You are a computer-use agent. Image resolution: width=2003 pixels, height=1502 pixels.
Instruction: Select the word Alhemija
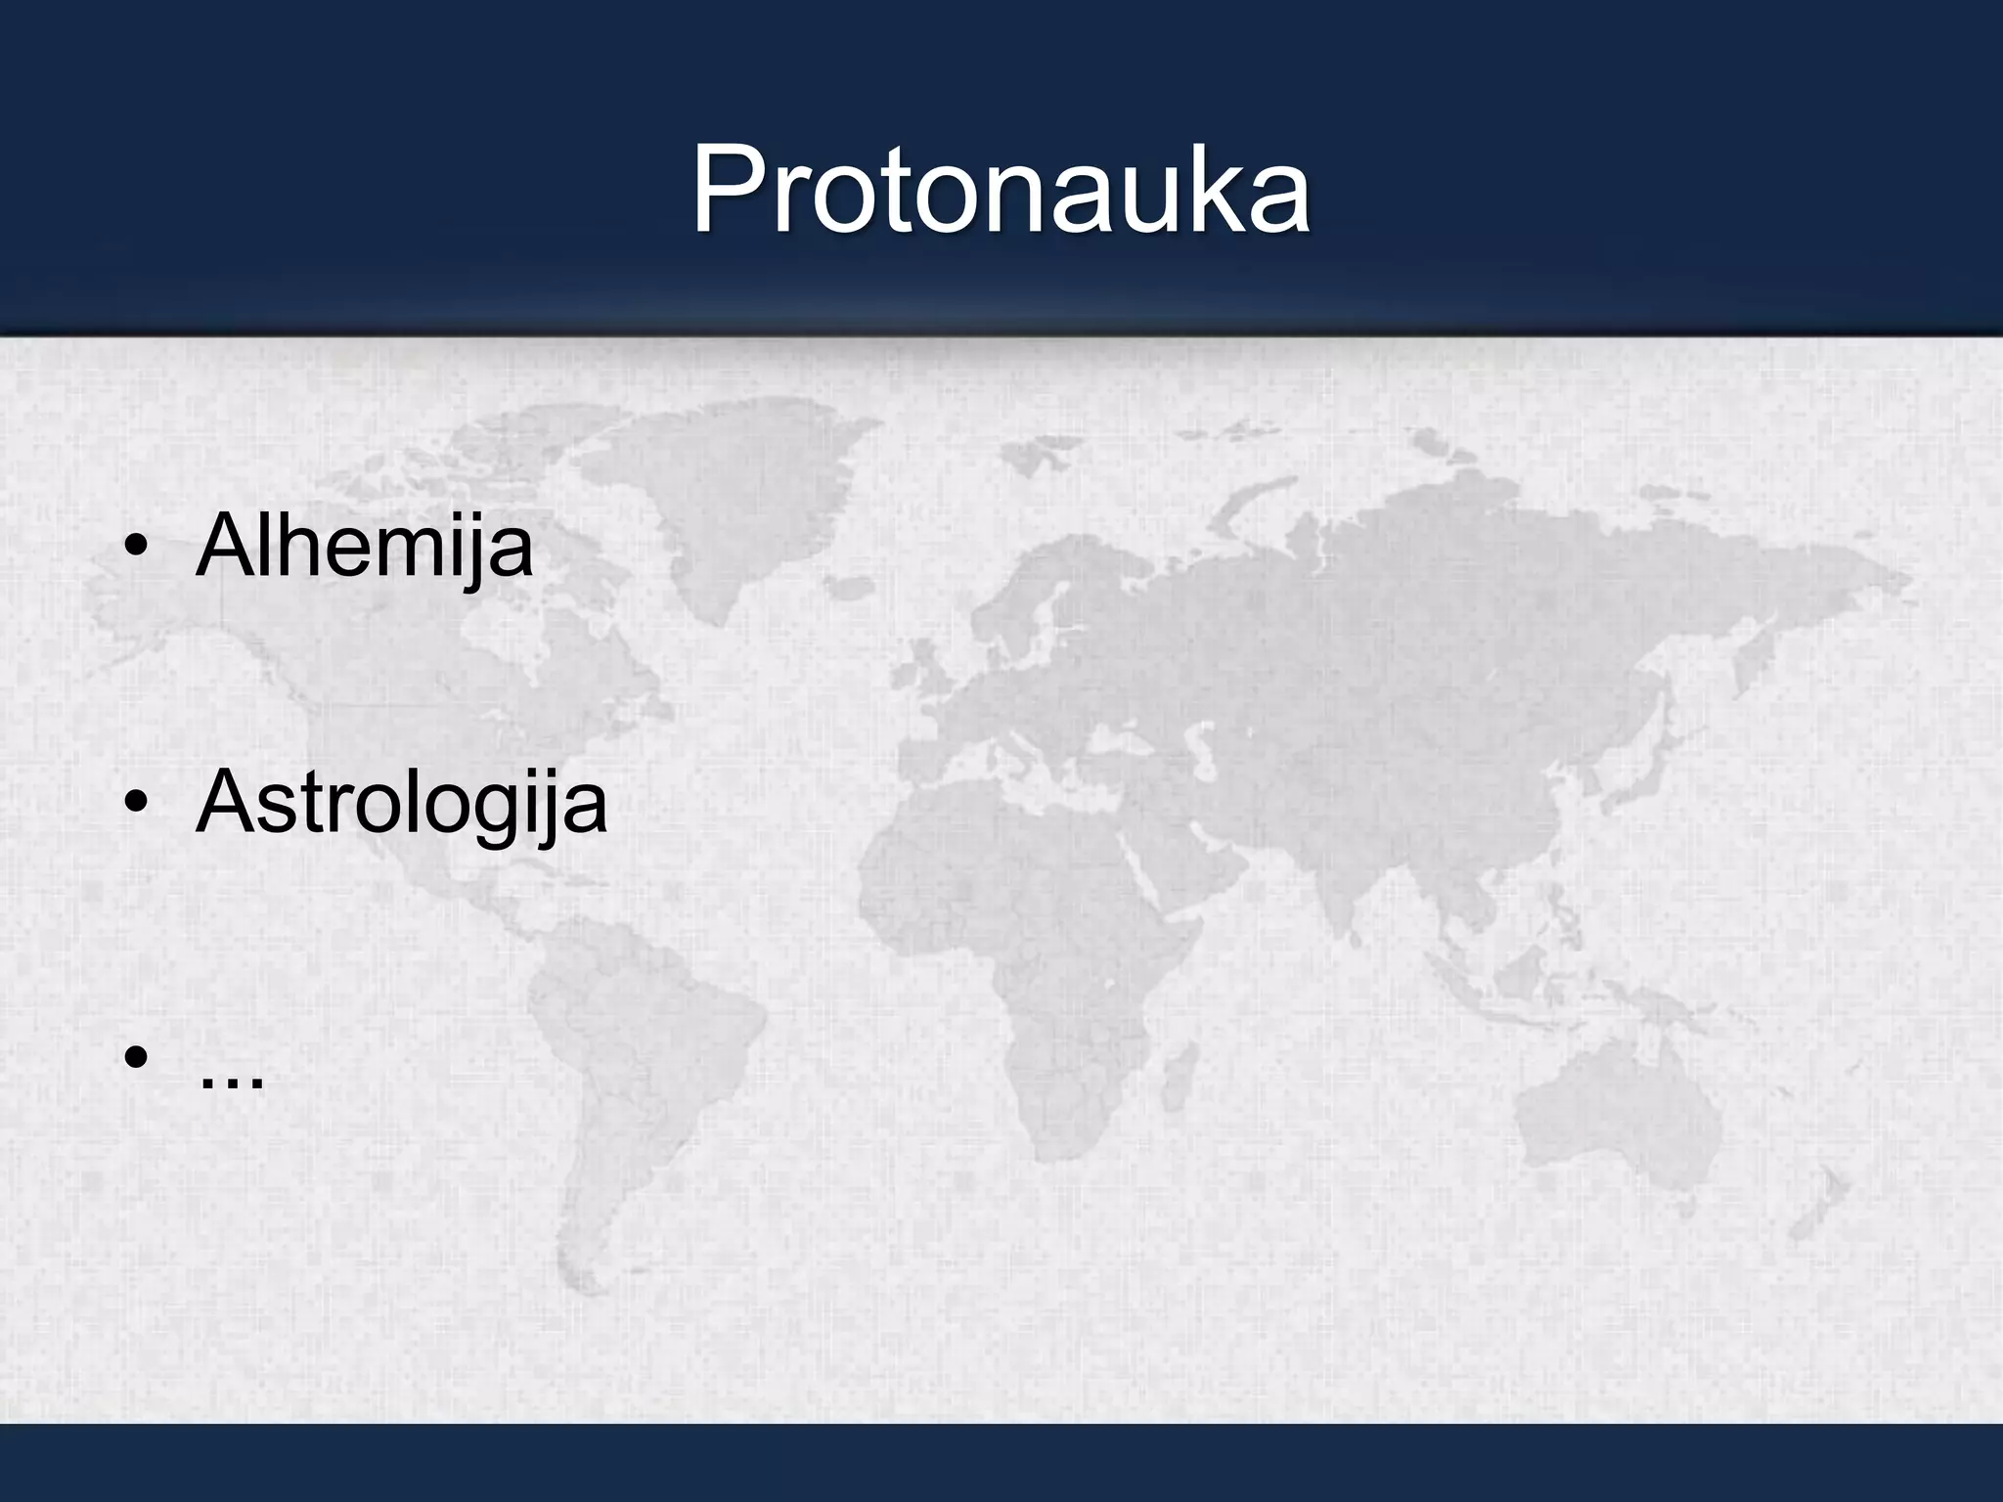point(364,548)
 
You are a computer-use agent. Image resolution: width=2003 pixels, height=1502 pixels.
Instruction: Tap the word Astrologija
point(401,804)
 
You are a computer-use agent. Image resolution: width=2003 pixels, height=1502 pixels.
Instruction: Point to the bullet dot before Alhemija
point(136,550)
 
